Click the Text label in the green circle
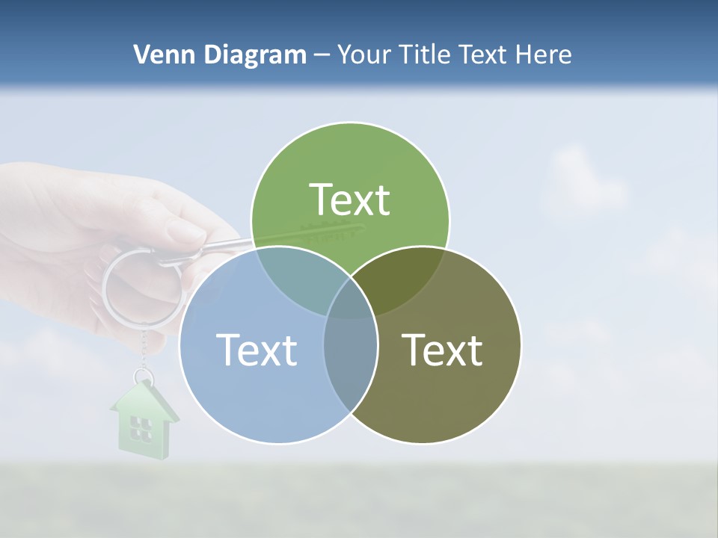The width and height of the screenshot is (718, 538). (x=350, y=200)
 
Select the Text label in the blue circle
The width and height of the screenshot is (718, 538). (x=257, y=350)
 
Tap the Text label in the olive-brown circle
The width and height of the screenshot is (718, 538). (x=442, y=350)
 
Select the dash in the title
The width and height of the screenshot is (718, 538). (x=322, y=55)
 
